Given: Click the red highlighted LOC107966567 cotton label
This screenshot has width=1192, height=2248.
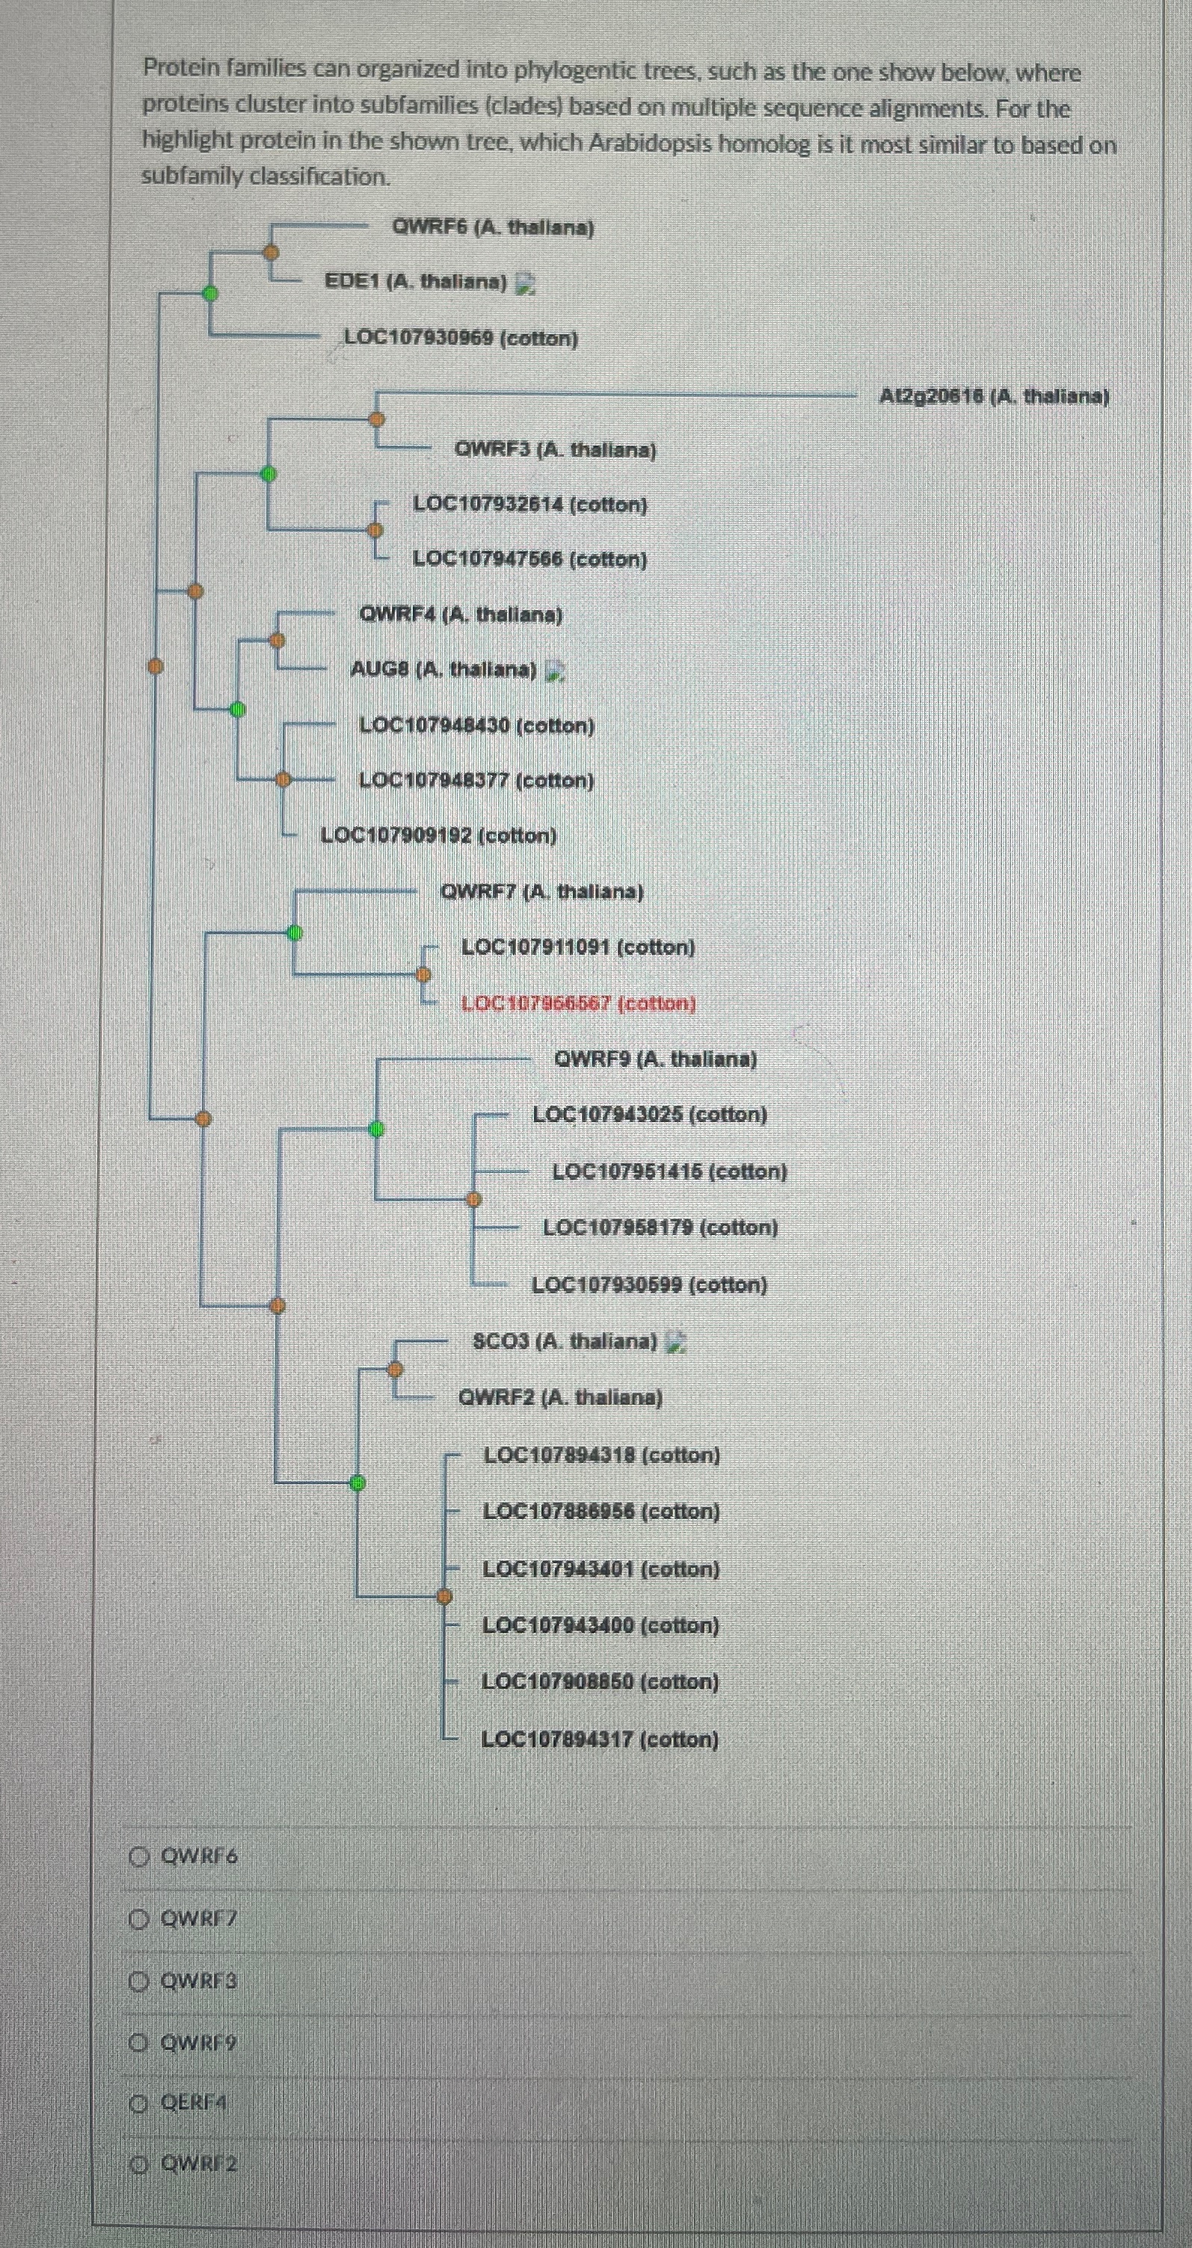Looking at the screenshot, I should coord(577,1003).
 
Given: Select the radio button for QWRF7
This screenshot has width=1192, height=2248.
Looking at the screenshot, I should coord(139,1918).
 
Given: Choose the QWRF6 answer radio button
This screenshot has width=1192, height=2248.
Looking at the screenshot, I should coord(139,1856).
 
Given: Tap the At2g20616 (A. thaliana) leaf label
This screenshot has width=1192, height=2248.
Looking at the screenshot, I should coord(994,396).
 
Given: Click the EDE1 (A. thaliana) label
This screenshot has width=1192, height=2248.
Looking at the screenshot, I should coord(415,282).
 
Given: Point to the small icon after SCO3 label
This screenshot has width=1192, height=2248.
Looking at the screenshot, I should coord(675,1341).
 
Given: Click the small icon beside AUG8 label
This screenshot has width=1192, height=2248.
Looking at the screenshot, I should coord(554,670).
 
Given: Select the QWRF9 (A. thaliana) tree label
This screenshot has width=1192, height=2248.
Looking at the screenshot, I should coord(655,1059).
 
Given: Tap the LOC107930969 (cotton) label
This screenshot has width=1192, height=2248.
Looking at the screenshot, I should coord(461,338).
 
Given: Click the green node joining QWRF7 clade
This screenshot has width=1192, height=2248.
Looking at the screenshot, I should coord(295,932).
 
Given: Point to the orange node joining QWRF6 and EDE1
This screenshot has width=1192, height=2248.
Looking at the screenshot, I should coord(271,252).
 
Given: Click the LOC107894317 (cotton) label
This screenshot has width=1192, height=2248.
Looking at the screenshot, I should coord(600,1739).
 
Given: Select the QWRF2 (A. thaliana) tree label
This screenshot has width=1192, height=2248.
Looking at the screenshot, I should coord(560,1397).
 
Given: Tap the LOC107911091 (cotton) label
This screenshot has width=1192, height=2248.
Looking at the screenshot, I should coord(577,947).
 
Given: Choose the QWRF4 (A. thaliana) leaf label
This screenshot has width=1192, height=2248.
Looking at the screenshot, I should coord(461,615).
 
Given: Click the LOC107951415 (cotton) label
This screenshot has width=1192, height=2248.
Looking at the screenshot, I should coord(669,1171).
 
